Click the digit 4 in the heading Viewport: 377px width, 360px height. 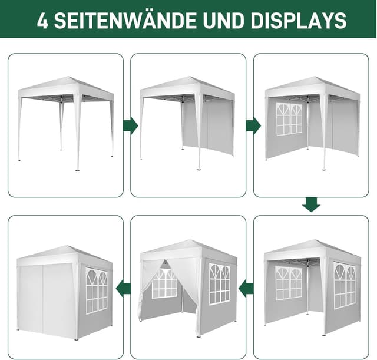pyautogui.click(x=42, y=21)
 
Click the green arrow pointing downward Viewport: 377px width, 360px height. pyautogui.click(x=311, y=204)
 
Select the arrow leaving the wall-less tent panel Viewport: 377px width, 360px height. pyautogui.click(x=130, y=125)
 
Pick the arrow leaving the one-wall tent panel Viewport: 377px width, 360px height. pyautogui.click(x=253, y=125)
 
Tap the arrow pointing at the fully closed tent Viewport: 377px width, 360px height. pyautogui.click(x=123, y=289)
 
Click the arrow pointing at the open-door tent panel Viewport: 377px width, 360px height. pyautogui.click(x=246, y=289)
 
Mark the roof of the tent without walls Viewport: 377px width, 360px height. pyautogui.click(x=66, y=86)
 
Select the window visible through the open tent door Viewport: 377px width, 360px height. pyautogui.click(x=164, y=283)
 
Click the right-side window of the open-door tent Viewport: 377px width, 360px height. pyautogui.click(x=219, y=284)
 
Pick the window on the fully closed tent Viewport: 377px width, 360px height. pyautogui.click(x=97, y=290)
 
